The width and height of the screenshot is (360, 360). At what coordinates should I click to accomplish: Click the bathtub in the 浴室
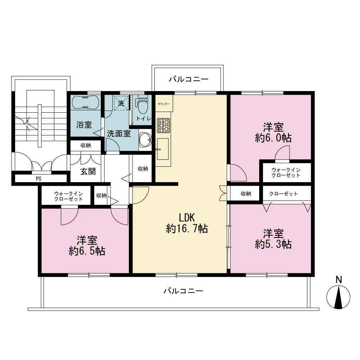click(85, 102)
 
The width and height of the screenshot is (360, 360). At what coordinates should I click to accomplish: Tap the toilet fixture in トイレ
click(142, 105)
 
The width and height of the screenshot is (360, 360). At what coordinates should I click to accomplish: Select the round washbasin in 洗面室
click(145, 139)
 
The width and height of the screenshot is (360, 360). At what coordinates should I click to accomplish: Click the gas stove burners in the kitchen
click(163, 125)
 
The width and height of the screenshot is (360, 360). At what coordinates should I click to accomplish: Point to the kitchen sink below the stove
click(163, 149)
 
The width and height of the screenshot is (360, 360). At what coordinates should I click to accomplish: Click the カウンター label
click(164, 104)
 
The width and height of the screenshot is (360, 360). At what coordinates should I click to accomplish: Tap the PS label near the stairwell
click(39, 179)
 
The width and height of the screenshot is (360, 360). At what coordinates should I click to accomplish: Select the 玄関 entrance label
click(88, 171)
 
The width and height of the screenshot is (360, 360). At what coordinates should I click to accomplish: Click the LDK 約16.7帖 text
click(187, 223)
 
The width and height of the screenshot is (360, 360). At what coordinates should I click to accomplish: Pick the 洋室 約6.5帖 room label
click(87, 246)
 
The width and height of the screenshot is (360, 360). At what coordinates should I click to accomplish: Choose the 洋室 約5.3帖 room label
click(273, 239)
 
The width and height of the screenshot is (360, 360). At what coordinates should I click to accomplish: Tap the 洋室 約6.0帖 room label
click(273, 132)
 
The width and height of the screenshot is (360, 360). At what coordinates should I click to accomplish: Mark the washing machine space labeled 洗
click(121, 103)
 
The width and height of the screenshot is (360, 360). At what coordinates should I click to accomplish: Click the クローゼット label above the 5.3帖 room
click(284, 194)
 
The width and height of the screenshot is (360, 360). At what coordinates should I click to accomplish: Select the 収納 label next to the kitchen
click(143, 169)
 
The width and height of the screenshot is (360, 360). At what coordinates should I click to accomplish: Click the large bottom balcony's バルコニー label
click(184, 291)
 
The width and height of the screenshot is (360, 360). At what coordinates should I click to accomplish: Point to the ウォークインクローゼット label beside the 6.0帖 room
click(286, 173)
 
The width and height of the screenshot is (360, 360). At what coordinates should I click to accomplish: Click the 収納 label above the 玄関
click(86, 145)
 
